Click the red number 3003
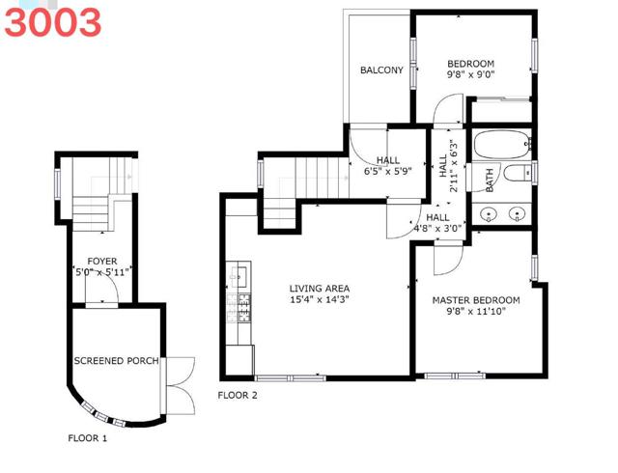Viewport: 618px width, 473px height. [52, 22]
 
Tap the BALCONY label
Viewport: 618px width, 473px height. [381, 70]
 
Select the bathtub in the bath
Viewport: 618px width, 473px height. [501, 145]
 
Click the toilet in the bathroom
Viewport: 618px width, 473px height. [518, 173]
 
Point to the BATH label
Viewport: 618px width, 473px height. [490, 181]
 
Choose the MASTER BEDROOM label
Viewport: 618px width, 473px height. [476, 300]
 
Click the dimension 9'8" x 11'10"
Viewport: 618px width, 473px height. [476, 312]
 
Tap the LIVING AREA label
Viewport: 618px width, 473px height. [320, 289]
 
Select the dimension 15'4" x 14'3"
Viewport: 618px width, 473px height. [320, 299]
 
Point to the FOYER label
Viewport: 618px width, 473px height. [102, 262]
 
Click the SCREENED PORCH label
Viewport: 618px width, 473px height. [116, 361]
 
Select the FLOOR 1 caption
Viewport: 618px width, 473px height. [87, 438]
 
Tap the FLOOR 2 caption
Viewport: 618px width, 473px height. [238, 395]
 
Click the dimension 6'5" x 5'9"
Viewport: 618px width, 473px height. [388, 171]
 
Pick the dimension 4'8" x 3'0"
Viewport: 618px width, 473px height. [437, 228]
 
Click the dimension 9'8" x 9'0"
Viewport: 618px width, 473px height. [470, 74]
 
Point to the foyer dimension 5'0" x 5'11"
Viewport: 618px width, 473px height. [102, 272]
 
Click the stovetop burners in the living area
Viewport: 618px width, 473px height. [239, 307]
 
